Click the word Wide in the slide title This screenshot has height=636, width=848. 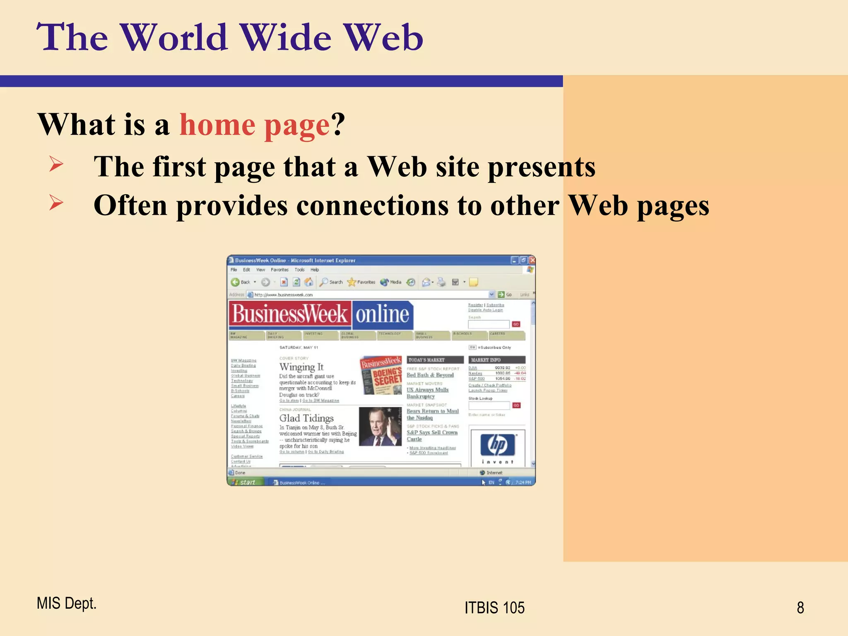tap(286, 38)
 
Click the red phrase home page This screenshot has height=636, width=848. tap(254, 125)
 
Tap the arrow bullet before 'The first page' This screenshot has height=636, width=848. tap(56, 164)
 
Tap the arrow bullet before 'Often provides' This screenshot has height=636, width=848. tap(56, 202)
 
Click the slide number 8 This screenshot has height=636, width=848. tap(800, 607)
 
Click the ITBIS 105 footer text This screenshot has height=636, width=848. tap(494, 607)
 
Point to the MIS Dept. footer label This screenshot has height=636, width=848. tap(66, 603)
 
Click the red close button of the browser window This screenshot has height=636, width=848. tap(532, 260)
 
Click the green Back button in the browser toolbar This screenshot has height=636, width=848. tap(236, 282)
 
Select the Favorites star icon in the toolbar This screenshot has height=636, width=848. tap(352, 282)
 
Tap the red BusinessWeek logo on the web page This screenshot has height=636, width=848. tap(290, 314)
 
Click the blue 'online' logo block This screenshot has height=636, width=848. tap(382, 314)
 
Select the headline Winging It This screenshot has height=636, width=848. tap(301, 367)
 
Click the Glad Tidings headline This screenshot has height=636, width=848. tap(306, 418)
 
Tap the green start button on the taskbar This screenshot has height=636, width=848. tap(245, 482)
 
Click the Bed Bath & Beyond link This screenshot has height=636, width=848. tap(430, 375)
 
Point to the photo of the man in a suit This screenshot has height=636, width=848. tap(380, 426)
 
